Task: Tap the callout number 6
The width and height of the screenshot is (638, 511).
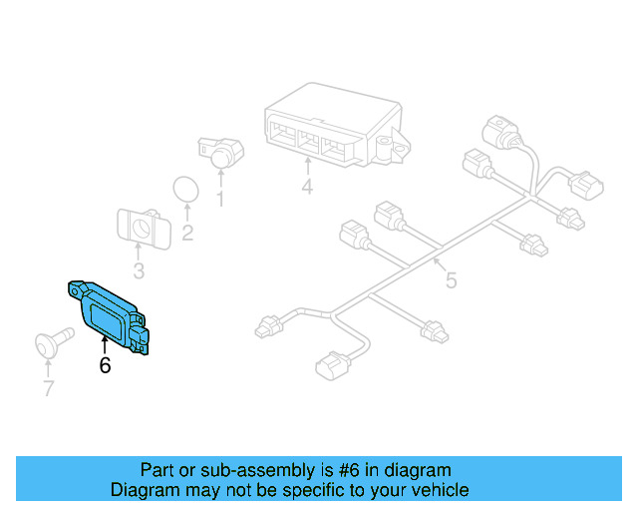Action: click(105, 366)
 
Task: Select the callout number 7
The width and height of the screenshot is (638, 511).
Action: click(48, 388)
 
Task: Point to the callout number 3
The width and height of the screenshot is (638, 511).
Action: click(139, 270)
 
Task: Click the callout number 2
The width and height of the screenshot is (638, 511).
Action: click(186, 234)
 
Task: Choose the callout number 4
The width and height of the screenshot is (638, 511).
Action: click(307, 188)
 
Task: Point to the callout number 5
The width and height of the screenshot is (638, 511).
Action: click(451, 280)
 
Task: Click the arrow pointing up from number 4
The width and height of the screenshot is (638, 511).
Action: click(307, 169)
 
